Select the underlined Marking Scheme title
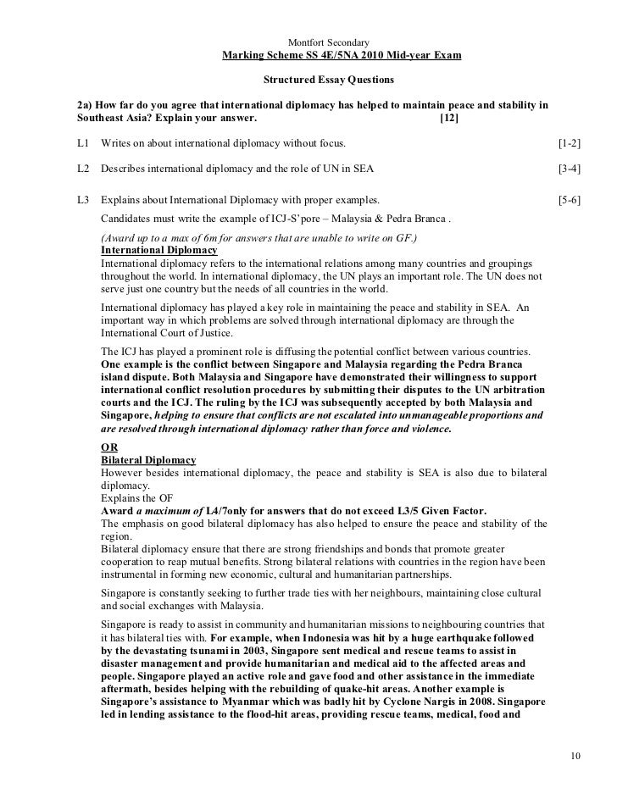click(342, 57)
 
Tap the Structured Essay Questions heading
click(329, 80)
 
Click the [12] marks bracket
click(449, 118)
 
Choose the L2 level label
click(82, 169)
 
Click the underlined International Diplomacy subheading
click(158, 252)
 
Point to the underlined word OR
click(109, 447)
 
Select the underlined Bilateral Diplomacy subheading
click(148, 460)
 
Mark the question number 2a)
click(85, 106)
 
